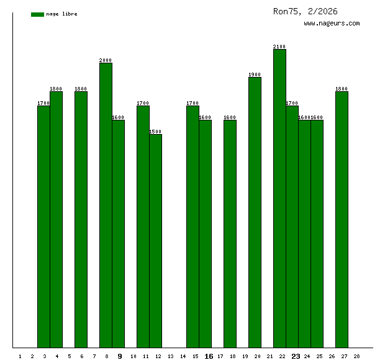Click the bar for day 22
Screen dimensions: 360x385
pyautogui.click(x=279, y=199)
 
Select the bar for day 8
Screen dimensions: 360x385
pyautogui.click(x=106, y=205)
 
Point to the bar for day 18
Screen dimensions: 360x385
pyautogui.click(x=230, y=233)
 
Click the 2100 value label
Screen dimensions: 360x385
pyautogui.click(x=279, y=47)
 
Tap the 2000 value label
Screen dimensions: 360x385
pyautogui.click(x=106, y=60)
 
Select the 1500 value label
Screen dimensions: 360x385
pyautogui.click(x=155, y=132)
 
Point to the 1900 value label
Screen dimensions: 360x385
pyautogui.click(x=255, y=74)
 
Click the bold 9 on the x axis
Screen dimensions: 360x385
pyautogui.click(x=120, y=356)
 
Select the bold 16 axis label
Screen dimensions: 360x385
pyautogui.click(x=209, y=356)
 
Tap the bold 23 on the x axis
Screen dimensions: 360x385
pyautogui.click(x=296, y=356)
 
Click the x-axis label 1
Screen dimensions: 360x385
pyautogui.click(x=20, y=356)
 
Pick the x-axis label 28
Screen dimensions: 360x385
pyautogui.click(x=356, y=356)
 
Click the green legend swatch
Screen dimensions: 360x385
pyautogui.click(x=37, y=14)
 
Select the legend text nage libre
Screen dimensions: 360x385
pyautogui.click(x=61, y=14)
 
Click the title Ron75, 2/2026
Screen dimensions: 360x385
pyautogui.click(x=306, y=11)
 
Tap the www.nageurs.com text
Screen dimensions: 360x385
pyautogui.click(x=332, y=24)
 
